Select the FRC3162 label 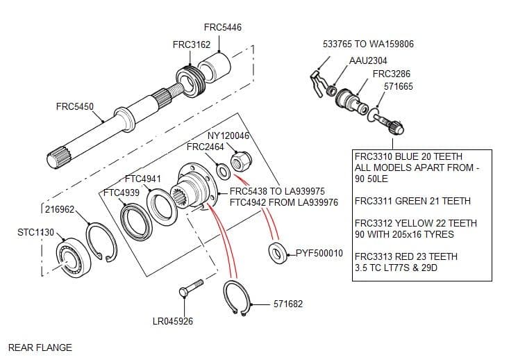pos(191,44)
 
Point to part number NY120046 pos(228,136)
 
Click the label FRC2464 pos(205,147)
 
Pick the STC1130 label pos(35,231)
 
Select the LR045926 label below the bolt pos(172,321)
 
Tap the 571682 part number pos(287,304)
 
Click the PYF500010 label pos(319,252)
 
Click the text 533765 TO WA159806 pos(368,44)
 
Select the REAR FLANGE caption pos(40,347)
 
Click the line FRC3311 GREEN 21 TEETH pos(412,202)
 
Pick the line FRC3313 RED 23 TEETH pos(406,256)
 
